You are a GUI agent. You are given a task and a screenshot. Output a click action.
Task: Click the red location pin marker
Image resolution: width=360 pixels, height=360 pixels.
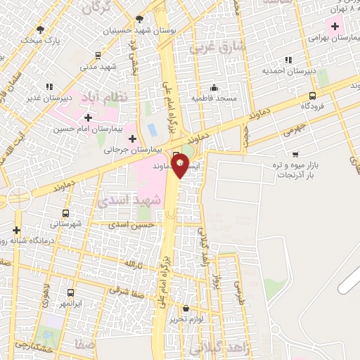tap(181, 165)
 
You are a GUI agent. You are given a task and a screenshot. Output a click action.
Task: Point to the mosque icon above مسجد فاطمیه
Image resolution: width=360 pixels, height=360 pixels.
tap(214, 87)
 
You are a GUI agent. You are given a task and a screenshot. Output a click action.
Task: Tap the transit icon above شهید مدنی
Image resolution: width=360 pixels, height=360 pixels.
tap(96, 56)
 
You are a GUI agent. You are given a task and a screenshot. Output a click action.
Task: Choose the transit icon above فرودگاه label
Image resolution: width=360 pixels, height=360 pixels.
tap(312, 96)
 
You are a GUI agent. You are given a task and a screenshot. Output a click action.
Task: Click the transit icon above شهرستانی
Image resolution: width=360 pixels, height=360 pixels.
tap(66, 213)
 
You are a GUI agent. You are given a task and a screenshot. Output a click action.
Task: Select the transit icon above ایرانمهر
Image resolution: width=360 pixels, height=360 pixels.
tap(70, 292)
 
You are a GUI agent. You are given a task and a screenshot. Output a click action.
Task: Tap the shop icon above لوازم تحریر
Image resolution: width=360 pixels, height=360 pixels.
tap(186, 309)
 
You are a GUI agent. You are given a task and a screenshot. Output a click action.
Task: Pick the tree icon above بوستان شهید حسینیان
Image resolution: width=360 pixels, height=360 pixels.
tap(139, 20)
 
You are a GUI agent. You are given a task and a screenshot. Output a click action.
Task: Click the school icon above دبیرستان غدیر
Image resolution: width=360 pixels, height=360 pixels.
tap(37, 88)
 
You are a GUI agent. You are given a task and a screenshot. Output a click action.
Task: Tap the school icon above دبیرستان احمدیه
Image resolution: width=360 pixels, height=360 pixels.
tap(287, 60)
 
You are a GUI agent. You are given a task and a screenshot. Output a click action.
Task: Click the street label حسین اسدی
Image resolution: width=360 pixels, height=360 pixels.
tap(136, 224)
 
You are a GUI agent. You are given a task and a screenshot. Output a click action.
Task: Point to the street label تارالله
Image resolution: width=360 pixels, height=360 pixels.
tap(134, 264)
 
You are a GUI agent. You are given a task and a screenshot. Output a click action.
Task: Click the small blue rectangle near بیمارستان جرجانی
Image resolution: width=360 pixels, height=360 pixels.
tap(152, 130)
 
